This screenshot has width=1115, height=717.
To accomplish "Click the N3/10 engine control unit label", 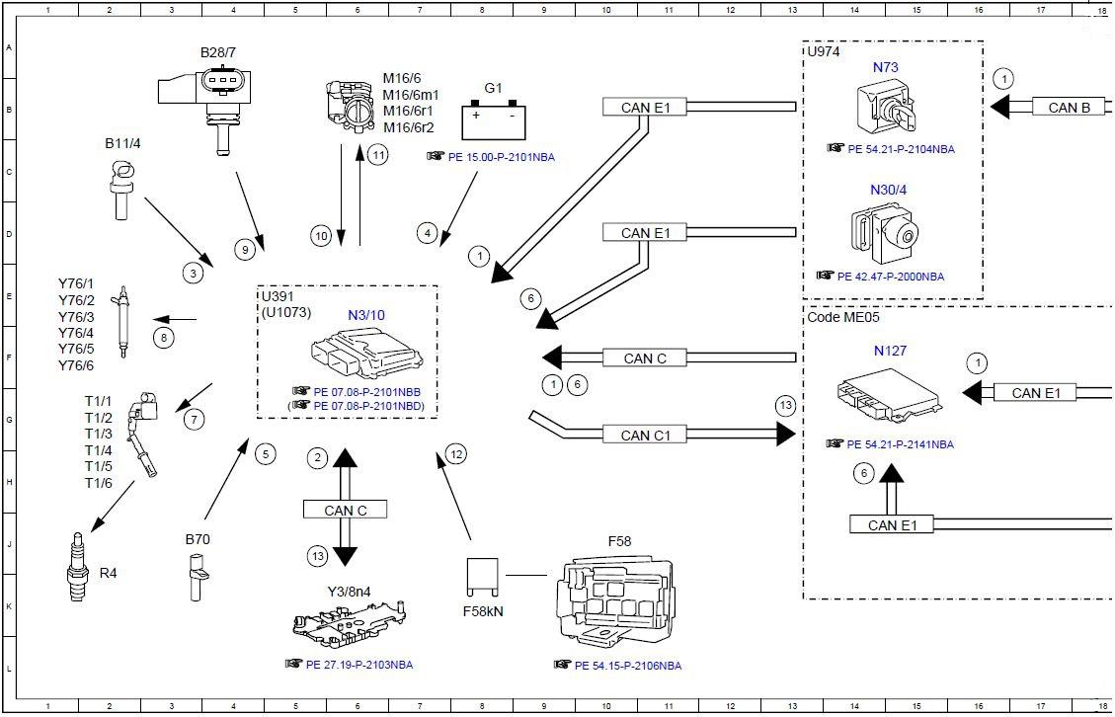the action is point(366,315).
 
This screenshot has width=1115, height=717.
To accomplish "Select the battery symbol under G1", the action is point(494,120).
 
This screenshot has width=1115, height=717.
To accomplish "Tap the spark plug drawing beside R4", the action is point(77,567).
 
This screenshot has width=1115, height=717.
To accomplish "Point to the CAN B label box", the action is point(1069,108).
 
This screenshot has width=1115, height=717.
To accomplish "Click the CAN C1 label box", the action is point(646,435).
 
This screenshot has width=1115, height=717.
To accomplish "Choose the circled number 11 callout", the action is point(378,154).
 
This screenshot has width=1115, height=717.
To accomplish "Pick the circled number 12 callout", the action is point(456,454).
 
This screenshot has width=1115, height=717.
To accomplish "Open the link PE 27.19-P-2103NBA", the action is point(359,665).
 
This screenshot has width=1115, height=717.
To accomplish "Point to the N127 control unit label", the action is point(890,351).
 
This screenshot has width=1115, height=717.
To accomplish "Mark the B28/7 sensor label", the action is point(218,52).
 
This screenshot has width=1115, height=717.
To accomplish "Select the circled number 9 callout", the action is point(245,249).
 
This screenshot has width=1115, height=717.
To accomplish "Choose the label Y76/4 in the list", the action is point(76,333).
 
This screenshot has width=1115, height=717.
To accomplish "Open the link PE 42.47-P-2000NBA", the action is point(891,277).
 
